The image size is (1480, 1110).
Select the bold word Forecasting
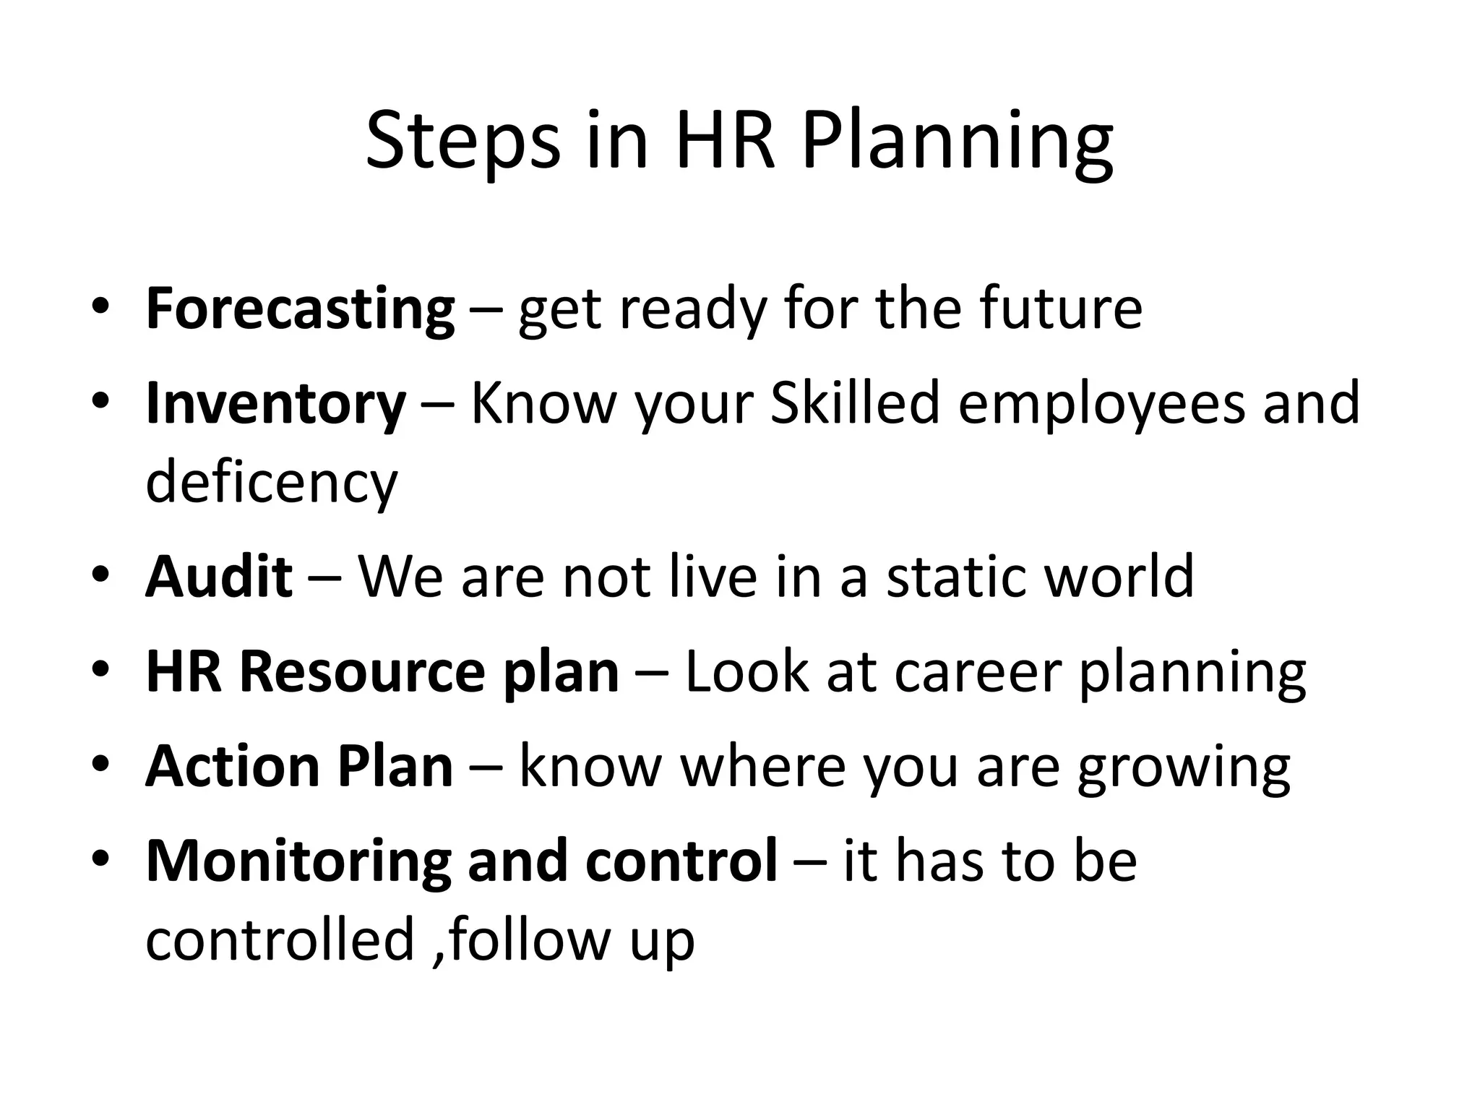coord(300,309)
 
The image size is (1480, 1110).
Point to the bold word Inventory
coord(275,403)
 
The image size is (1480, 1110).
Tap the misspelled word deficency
coord(272,483)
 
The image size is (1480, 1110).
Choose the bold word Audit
coord(219,576)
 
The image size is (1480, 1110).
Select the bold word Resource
coord(362,671)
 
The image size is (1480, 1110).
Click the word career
coord(978,671)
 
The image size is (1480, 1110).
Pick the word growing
coord(1184,767)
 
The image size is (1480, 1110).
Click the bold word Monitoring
coord(298,861)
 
